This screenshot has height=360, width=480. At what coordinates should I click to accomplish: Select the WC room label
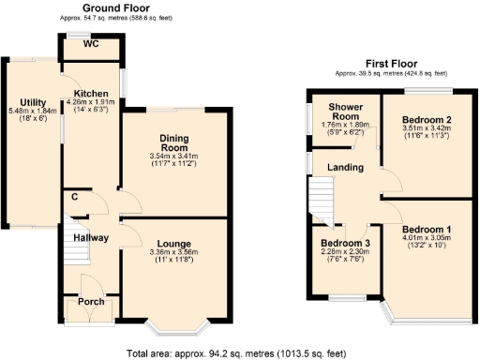pos(90,44)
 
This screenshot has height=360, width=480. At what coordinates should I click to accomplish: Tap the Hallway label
pos(91,239)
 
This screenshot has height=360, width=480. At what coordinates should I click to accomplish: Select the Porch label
pos(91,301)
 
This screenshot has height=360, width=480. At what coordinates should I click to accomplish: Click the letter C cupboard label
pos(74,197)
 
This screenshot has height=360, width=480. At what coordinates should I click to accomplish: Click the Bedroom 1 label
pos(427,229)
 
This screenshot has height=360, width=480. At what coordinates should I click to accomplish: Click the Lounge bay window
pos(177,328)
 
